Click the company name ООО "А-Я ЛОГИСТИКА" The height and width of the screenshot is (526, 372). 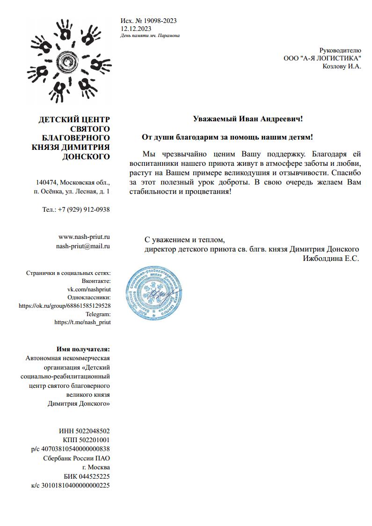322,58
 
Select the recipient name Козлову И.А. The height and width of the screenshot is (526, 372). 342,66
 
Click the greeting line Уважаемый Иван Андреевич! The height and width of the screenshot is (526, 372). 248,119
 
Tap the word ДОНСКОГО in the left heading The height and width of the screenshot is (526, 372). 86,157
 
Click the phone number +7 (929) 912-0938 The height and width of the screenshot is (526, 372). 84,209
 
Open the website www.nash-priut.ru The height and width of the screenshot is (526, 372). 84,237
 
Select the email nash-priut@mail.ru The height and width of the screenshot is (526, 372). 83,245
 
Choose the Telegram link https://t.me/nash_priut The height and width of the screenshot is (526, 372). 82,322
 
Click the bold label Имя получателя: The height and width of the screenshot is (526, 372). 83,349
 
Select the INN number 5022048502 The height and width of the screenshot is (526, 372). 94,431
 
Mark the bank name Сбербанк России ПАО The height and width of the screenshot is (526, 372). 76,458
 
